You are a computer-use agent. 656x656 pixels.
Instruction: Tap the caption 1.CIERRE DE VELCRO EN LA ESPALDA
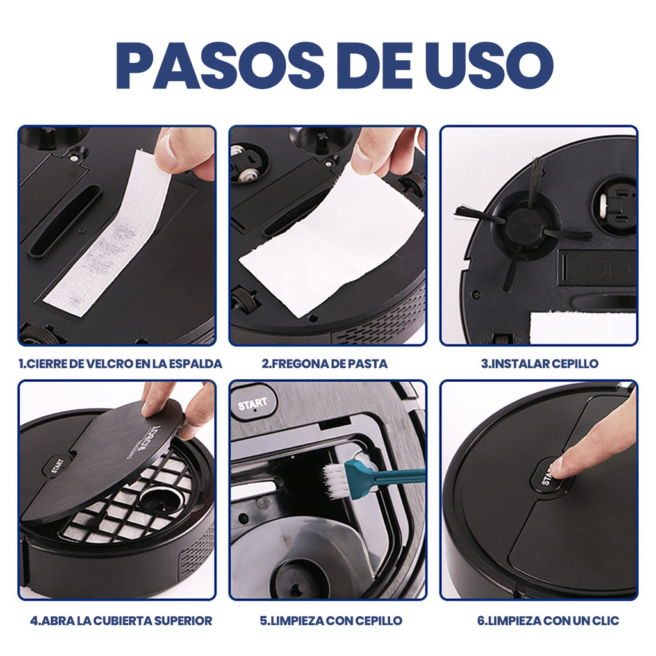click(x=120, y=364)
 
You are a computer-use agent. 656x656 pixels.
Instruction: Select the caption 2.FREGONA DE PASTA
click(x=325, y=364)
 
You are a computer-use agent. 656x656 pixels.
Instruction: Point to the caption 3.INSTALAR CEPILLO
click(x=539, y=364)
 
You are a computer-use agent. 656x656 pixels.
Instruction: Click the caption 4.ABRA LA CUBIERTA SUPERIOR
click(x=121, y=620)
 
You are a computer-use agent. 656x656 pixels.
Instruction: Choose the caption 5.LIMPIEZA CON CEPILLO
click(x=331, y=620)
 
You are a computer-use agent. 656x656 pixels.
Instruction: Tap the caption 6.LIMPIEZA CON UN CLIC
click(x=548, y=620)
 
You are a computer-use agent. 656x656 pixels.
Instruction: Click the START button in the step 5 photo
click(x=252, y=404)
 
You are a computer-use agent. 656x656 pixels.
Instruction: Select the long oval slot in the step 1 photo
click(x=65, y=221)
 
